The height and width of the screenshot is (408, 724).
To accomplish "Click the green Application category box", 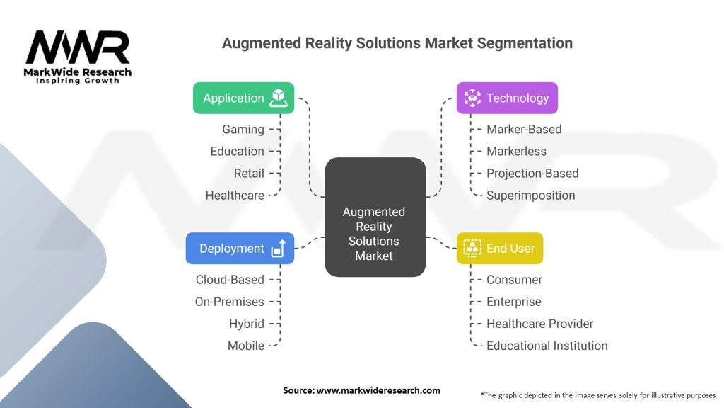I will click(x=243, y=98).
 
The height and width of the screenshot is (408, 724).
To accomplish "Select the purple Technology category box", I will click(x=507, y=98).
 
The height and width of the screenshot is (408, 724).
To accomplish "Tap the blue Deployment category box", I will click(x=240, y=249).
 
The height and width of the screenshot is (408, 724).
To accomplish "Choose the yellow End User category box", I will click(x=500, y=249).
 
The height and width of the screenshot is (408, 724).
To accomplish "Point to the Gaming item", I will click(x=243, y=130).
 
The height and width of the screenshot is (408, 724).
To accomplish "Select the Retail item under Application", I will click(x=249, y=174).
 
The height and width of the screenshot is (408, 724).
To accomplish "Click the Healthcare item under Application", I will click(x=235, y=195).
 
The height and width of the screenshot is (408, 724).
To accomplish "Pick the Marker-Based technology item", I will click(x=524, y=130).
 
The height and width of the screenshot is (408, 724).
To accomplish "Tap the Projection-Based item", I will click(x=532, y=174).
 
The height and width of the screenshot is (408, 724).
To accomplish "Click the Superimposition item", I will click(x=530, y=195).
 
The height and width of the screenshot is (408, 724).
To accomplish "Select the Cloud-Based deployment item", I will click(x=230, y=280).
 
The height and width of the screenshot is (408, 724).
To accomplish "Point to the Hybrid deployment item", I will click(x=247, y=324).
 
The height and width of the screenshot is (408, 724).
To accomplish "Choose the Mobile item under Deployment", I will click(x=246, y=346).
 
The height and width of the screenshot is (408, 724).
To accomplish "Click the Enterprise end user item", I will click(x=514, y=302).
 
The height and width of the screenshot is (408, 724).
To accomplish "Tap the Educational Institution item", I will click(x=547, y=346).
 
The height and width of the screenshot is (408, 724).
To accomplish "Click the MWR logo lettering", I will click(x=78, y=48).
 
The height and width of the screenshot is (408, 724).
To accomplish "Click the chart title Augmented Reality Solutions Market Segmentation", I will click(x=397, y=43).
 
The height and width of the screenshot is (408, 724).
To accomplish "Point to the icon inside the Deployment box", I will click(x=278, y=249).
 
